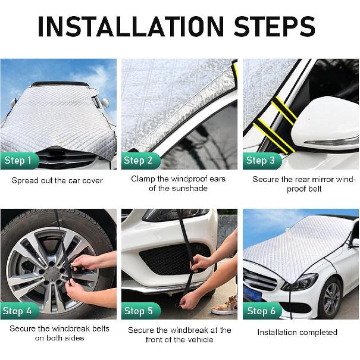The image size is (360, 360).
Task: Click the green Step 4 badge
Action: (20, 311)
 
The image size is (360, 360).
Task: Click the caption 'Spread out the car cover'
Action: (57, 180)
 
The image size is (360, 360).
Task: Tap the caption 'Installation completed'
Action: (297, 332)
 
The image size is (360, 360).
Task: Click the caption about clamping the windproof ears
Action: (178, 184)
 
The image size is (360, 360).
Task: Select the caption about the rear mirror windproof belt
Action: (303, 184)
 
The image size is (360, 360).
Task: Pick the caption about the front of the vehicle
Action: (179, 334)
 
